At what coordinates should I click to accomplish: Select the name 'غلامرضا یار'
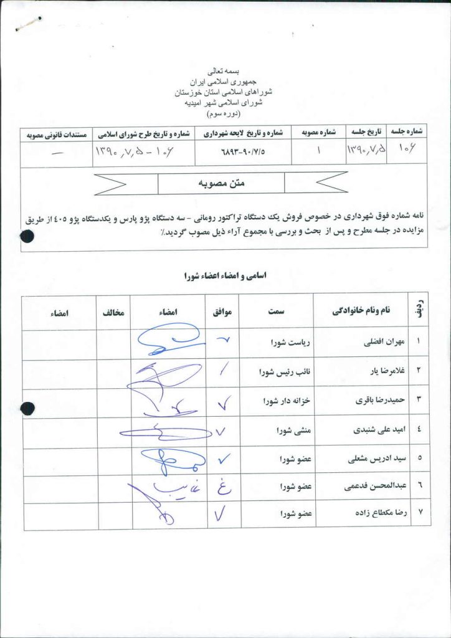[374, 372]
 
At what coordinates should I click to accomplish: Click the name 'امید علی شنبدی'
[367, 431]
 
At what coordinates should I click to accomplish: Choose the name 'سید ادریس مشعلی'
[366, 460]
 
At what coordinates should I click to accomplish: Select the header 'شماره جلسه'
[406, 133]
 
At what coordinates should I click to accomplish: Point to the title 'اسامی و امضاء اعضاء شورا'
[225, 275]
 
